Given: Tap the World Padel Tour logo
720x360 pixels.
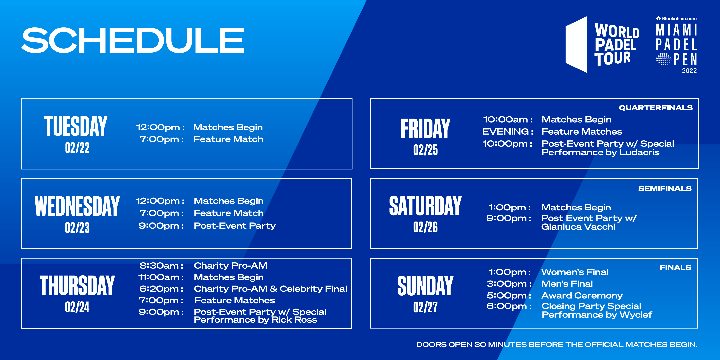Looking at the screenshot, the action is point(602,45).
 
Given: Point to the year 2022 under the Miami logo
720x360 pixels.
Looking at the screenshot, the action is point(689,71).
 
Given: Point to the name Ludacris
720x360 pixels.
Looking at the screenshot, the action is point(639,152).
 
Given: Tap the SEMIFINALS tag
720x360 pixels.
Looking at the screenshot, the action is point(665,189).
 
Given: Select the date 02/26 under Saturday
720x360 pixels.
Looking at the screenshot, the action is point(425,227).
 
